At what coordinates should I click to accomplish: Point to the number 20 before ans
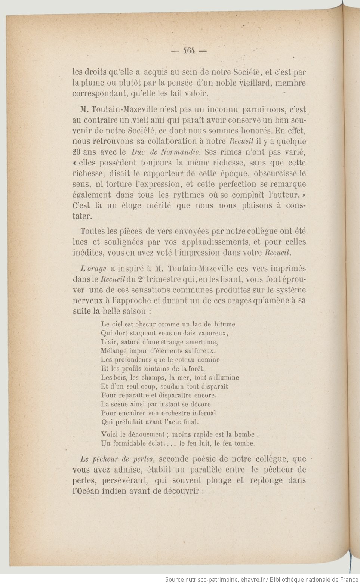pos(77,152)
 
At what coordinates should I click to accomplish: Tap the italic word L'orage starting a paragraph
pos(93,269)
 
